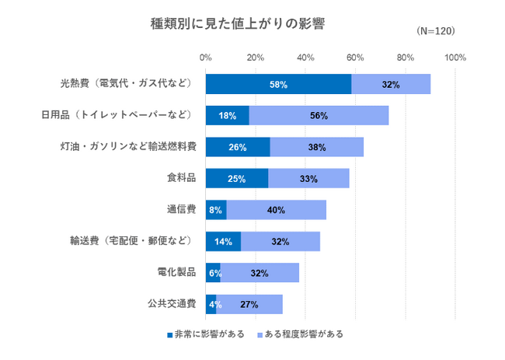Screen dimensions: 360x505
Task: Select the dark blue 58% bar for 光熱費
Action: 278,84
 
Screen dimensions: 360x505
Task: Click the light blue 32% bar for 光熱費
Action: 391,84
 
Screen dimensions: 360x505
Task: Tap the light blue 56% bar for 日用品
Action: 319,116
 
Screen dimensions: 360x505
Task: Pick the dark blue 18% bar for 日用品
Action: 228,116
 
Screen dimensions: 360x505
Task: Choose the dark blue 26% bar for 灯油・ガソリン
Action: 238,147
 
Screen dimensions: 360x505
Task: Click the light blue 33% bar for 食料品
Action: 308,179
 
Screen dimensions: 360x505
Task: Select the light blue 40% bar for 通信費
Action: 276,210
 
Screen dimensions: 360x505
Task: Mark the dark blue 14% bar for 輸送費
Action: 223,242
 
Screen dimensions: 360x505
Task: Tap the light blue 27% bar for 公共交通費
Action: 249,304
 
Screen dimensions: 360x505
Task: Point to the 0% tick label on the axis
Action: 206,58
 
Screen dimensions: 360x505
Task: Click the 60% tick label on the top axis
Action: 355,58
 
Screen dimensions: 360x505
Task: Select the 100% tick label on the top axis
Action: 454,58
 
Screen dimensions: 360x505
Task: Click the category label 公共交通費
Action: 172,304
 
